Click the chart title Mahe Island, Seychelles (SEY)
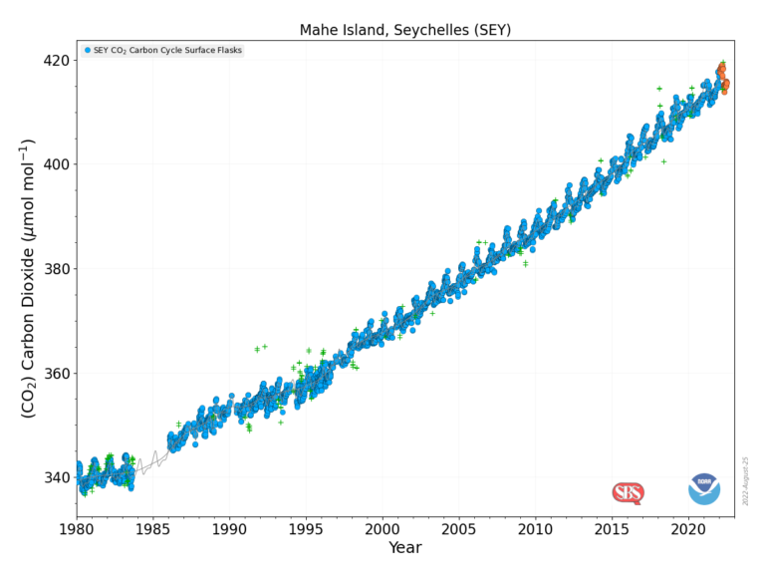click(405, 30)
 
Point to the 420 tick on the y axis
click(56, 60)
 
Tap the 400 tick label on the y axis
click(56, 164)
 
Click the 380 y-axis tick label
click(56, 269)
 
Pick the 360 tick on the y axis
click(56, 374)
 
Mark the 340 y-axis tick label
click(56, 478)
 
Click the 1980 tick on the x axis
click(78, 528)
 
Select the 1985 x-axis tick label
click(153, 528)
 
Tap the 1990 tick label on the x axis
click(230, 528)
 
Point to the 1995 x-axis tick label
click(307, 528)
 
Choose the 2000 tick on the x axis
click(382, 528)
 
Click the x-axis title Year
click(405, 547)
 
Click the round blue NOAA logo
click(704, 489)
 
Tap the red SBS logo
click(628, 492)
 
